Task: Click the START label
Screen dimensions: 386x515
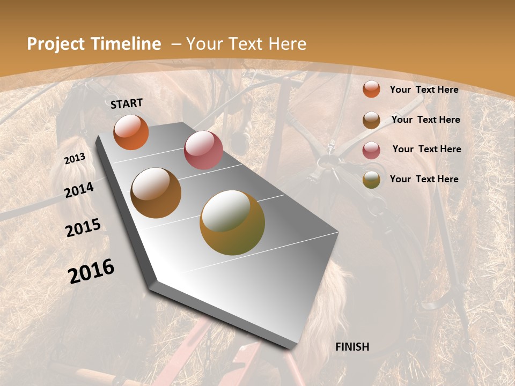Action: pos(127,103)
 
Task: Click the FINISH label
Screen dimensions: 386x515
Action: pos(352,347)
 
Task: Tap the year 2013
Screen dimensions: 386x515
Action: pos(75,159)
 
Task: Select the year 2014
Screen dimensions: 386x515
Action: pos(79,190)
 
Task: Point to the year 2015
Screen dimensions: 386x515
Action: pos(83,228)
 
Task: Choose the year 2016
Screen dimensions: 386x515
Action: pos(91,271)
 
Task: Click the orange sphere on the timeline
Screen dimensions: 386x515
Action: pos(131,132)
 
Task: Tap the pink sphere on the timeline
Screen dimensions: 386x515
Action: pos(203,150)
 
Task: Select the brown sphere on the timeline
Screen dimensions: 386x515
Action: pos(156,193)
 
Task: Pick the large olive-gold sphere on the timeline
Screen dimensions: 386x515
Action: pos(232,222)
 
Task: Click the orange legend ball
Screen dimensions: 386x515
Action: pos(371,89)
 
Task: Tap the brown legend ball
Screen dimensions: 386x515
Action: pos(371,120)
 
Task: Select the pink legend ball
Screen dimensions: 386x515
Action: pos(371,150)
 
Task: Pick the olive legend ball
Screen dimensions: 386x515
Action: pos(371,180)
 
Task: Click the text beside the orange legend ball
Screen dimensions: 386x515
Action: pos(424,90)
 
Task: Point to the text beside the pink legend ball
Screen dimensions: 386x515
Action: pos(426,149)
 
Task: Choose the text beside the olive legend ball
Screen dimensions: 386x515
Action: pos(424,179)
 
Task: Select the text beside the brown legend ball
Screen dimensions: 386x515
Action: pos(425,120)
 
